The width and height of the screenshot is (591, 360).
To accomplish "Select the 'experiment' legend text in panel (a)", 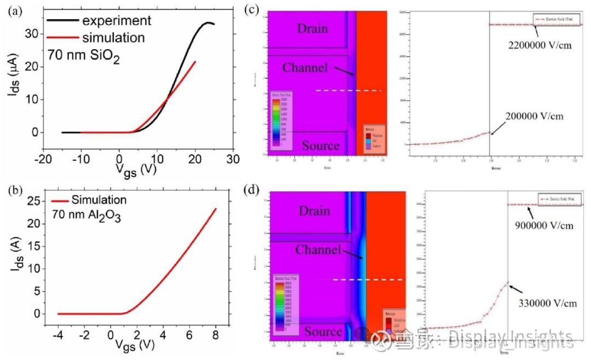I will coord(116,21).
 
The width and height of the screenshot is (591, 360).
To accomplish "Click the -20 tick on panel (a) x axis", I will coord(43,159).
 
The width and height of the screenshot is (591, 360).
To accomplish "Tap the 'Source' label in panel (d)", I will coord(323,332).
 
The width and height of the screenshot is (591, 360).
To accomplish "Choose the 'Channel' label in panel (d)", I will coord(317,250).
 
